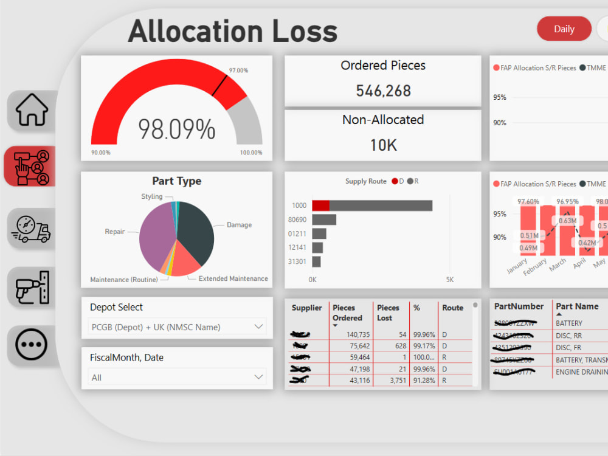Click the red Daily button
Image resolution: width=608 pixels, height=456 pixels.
tap(564, 29)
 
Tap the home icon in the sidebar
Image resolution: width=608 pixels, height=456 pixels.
tap(32, 111)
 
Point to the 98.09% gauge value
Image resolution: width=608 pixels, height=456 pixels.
tap(176, 129)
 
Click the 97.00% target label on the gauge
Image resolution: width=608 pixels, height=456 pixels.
tap(238, 71)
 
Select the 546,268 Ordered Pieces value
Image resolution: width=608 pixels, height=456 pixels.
tap(383, 91)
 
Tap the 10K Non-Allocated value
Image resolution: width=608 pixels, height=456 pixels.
tap(383, 145)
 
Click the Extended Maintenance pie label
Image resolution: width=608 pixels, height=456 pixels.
tap(233, 278)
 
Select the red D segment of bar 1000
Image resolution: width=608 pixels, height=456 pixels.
tap(320, 206)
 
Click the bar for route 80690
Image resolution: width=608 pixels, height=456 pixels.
tap(323, 219)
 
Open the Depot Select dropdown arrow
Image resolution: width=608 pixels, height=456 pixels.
tap(258, 326)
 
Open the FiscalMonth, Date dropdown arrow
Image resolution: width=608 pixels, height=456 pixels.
tap(258, 377)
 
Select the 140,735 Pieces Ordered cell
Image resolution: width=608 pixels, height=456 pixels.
tap(345, 334)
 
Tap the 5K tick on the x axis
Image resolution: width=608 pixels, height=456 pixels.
tap(449, 280)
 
